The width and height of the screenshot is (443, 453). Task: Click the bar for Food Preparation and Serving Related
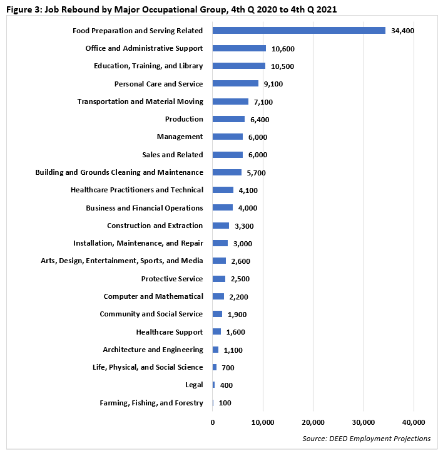coord(298,30)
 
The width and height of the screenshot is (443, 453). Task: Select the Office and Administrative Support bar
coord(239,48)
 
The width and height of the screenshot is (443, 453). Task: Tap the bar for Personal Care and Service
coord(235,83)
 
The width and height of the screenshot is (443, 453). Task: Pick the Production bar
coord(228,119)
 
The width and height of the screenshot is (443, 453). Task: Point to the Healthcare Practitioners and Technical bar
coord(223,190)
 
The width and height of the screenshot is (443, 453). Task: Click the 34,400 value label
coord(402,31)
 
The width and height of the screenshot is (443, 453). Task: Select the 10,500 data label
coord(282,66)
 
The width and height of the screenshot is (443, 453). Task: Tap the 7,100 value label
coord(263,102)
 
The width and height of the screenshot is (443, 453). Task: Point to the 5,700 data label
coord(256,172)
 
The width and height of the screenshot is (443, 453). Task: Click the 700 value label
coord(227,368)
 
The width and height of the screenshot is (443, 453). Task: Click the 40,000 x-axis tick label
coord(414,422)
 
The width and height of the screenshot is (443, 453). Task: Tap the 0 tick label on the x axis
coord(213,422)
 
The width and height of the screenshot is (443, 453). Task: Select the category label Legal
coord(194,385)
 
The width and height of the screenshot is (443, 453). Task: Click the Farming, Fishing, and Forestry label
coord(151,403)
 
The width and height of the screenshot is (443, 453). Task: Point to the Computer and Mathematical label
coord(153,296)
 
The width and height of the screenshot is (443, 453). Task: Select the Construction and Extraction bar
coord(221,226)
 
